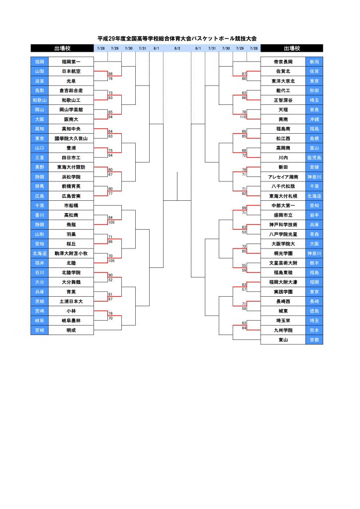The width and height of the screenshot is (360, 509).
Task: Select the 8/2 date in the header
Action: pyautogui.click(x=177, y=48)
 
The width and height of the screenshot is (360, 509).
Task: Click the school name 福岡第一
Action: pyautogui.click(x=71, y=62)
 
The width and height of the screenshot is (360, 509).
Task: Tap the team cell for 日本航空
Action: pyautogui.click(x=71, y=71)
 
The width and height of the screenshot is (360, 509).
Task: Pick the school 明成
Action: pyautogui.click(x=71, y=330)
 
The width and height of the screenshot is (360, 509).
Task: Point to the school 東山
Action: pyautogui.click(x=283, y=340)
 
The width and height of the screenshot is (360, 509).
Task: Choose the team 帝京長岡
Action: pyautogui.click(x=283, y=62)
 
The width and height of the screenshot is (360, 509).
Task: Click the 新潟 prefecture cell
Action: pyautogui.click(x=314, y=62)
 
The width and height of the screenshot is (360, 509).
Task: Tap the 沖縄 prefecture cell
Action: pyautogui.click(x=314, y=119)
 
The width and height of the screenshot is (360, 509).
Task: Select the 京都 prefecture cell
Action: pyautogui.click(x=314, y=340)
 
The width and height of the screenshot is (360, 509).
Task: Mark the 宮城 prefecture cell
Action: pyautogui.click(x=39, y=330)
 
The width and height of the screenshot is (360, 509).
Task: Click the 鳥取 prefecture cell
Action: pyautogui.click(x=39, y=90)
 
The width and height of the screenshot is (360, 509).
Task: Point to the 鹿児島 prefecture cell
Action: pyautogui.click(x=314, y=158)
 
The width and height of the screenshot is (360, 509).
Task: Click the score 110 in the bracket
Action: pyautogui.click(x=243, y=117)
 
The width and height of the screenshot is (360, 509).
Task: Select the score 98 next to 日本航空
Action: pyautogui.click(x=110, y=74)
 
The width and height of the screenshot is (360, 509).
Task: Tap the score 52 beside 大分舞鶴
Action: pyautogui.click(x=110, y=280)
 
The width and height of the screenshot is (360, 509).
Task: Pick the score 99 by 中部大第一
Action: pyautogui.click(x=244, y=208)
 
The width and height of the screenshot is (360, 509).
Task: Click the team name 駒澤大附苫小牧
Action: pyautogui.click(x=71, y=254)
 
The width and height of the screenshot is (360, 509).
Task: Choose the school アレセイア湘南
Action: pyautogui.click(x=283, y=177)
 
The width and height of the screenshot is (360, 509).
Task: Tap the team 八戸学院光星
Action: pyautogui.click(x=283, y=234)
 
